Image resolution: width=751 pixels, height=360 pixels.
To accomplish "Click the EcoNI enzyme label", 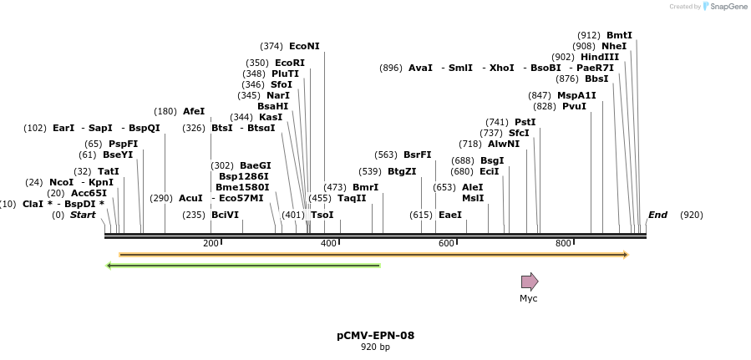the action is click(304, 47).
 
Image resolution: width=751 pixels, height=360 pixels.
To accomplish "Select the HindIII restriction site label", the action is click(600, 57).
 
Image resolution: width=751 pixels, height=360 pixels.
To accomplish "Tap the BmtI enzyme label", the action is click(619, 35).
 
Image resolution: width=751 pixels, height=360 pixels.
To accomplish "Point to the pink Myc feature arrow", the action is click(530, 281).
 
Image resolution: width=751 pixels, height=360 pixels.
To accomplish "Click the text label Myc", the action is click(529, 298).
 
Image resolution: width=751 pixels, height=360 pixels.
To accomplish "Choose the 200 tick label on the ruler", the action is click(211, 244).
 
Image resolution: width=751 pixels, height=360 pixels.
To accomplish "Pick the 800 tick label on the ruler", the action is click(563, 244).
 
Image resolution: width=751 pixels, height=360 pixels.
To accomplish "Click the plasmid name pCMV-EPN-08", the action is click(375, 336).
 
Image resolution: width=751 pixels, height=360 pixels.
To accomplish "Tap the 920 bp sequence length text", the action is click(375, 347).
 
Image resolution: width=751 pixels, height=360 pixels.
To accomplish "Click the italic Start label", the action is click(83, 215).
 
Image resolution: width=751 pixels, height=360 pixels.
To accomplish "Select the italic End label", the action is click(657, 215).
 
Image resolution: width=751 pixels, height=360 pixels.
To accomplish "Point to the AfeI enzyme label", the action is click(194, 111).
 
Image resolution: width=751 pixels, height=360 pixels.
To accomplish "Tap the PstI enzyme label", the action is click(525, 122).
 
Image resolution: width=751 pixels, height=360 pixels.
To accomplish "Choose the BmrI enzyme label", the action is click(365, 187).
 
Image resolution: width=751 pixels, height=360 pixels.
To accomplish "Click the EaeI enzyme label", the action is click(450, 215).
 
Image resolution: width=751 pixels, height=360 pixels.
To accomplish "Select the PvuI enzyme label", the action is click(574, 106).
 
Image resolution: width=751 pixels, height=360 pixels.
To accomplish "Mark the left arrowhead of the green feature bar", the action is click(109, 266).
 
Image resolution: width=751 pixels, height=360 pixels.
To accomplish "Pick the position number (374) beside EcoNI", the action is click(271, 47).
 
